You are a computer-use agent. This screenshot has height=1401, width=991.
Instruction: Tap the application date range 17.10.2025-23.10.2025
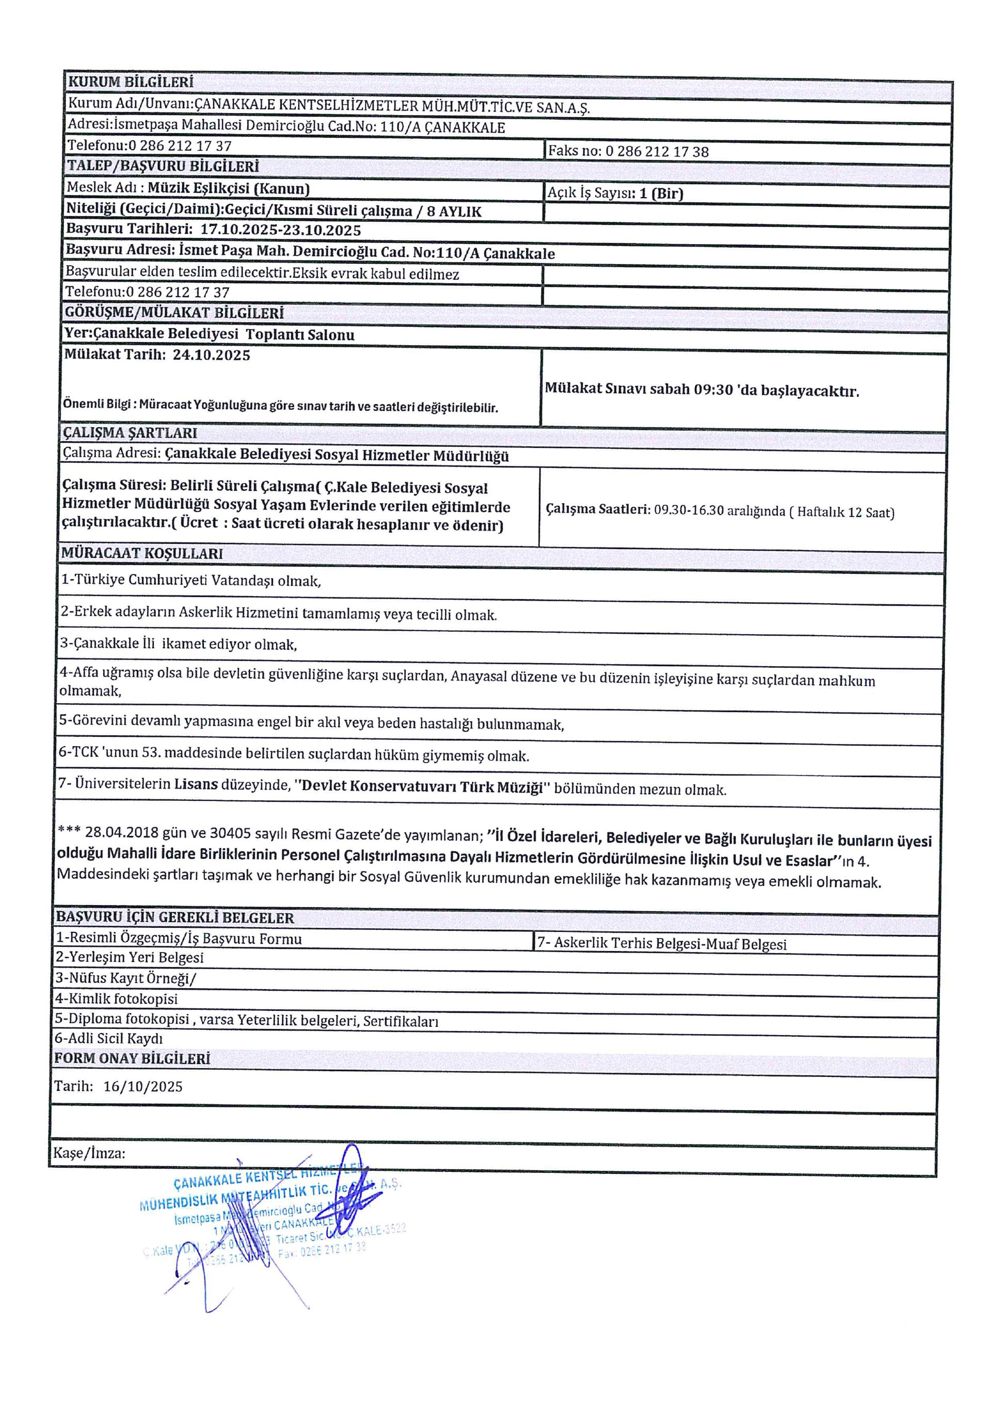point(281,230)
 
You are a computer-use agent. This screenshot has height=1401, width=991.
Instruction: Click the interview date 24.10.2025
point(211,355)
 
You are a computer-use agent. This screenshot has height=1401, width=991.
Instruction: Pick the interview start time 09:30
point(713,389)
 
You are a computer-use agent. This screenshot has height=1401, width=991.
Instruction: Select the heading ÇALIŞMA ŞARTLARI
point(130,432)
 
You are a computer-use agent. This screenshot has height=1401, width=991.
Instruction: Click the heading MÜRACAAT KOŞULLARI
point(142,554)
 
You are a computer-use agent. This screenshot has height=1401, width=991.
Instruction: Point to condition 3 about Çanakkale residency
point(178,645)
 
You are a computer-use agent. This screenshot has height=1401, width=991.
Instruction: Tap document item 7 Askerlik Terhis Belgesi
point(662,944)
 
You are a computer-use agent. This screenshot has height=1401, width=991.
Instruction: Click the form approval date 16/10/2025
point(143,1086)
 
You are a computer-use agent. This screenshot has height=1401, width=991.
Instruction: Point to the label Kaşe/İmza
point(89,1153)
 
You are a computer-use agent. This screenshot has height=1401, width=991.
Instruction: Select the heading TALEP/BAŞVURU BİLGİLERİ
point(163,166)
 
